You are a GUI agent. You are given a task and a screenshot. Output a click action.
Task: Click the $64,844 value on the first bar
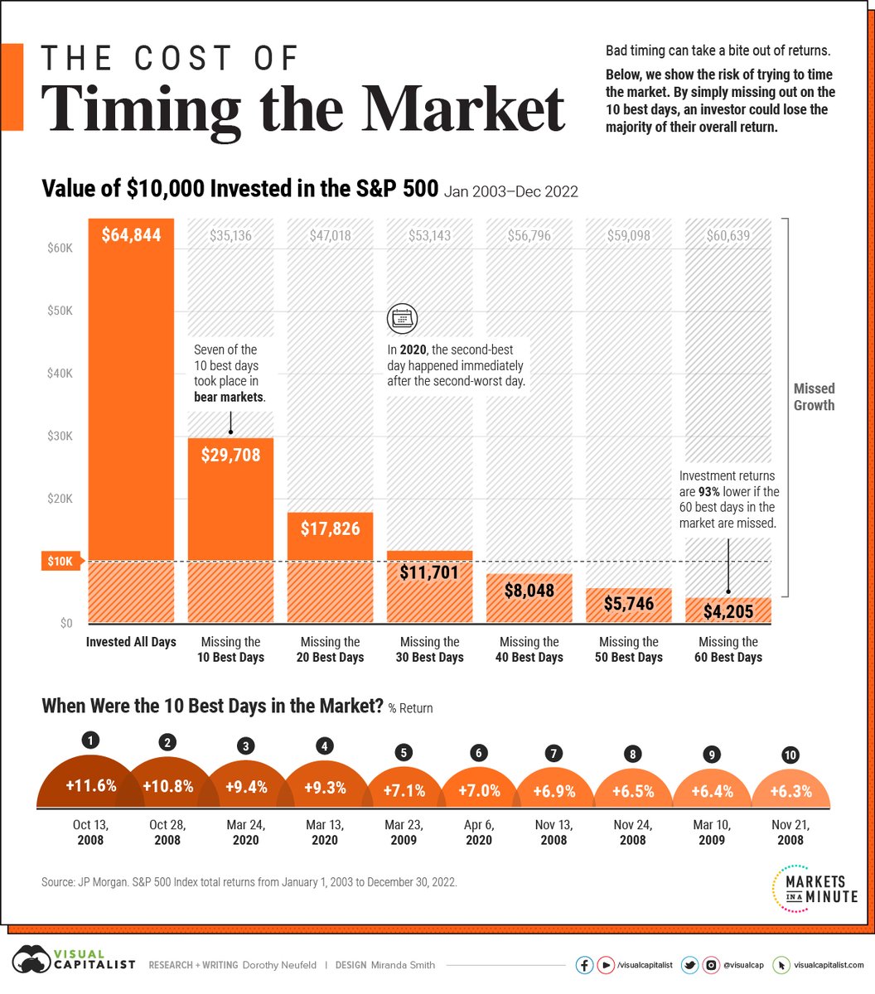tap(131, 235)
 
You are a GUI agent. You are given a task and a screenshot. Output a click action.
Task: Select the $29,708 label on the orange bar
tap(230, 454)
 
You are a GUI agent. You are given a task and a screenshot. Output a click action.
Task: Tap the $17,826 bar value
tap(330, 528)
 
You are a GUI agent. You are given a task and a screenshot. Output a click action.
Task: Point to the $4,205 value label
tap(728, 611)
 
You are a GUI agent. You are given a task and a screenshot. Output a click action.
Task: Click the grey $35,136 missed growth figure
tap(230, 236)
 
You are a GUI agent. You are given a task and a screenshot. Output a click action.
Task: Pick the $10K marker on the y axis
tap(59, 562)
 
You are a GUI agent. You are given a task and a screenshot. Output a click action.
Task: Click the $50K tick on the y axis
tap(59, 311)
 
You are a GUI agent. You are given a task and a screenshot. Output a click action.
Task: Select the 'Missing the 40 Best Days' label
tap(529, 649)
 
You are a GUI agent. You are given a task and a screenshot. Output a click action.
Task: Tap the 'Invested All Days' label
tap(131, 642)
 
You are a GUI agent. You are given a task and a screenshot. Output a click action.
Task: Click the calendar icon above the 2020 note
tap(403, 319)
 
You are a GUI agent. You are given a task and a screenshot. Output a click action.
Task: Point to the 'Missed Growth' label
tap(814, 397)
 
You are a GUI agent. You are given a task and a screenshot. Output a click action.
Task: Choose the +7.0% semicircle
tap(478, 790)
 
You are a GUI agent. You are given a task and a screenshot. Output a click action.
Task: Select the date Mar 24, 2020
tap(245, 832)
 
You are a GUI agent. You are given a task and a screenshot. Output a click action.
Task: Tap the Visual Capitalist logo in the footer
tap(71, 964)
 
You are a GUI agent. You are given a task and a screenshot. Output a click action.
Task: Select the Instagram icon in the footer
tap(711, 965)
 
